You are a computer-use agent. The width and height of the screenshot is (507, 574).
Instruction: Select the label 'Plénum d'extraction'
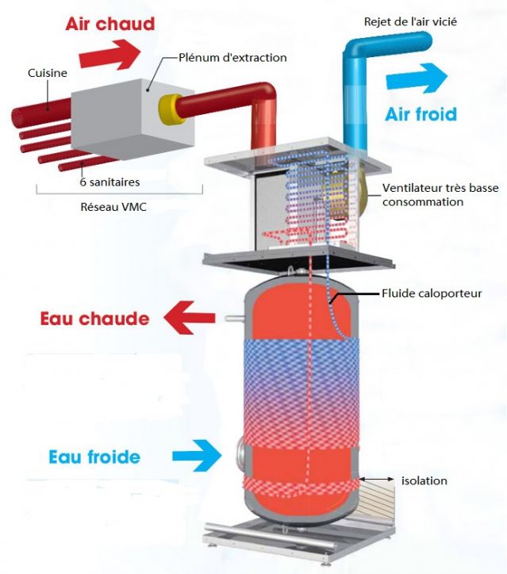[232, 57]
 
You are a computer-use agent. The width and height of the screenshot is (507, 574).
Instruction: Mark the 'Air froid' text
[421, 114]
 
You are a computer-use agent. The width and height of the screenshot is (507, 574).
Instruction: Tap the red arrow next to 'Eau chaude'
[190, 319]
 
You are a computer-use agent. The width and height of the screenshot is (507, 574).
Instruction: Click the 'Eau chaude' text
[94, 319]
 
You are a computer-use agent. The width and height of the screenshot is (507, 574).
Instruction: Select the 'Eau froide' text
[94, 457]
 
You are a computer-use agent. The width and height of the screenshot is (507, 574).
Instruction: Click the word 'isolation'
[424, 480]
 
